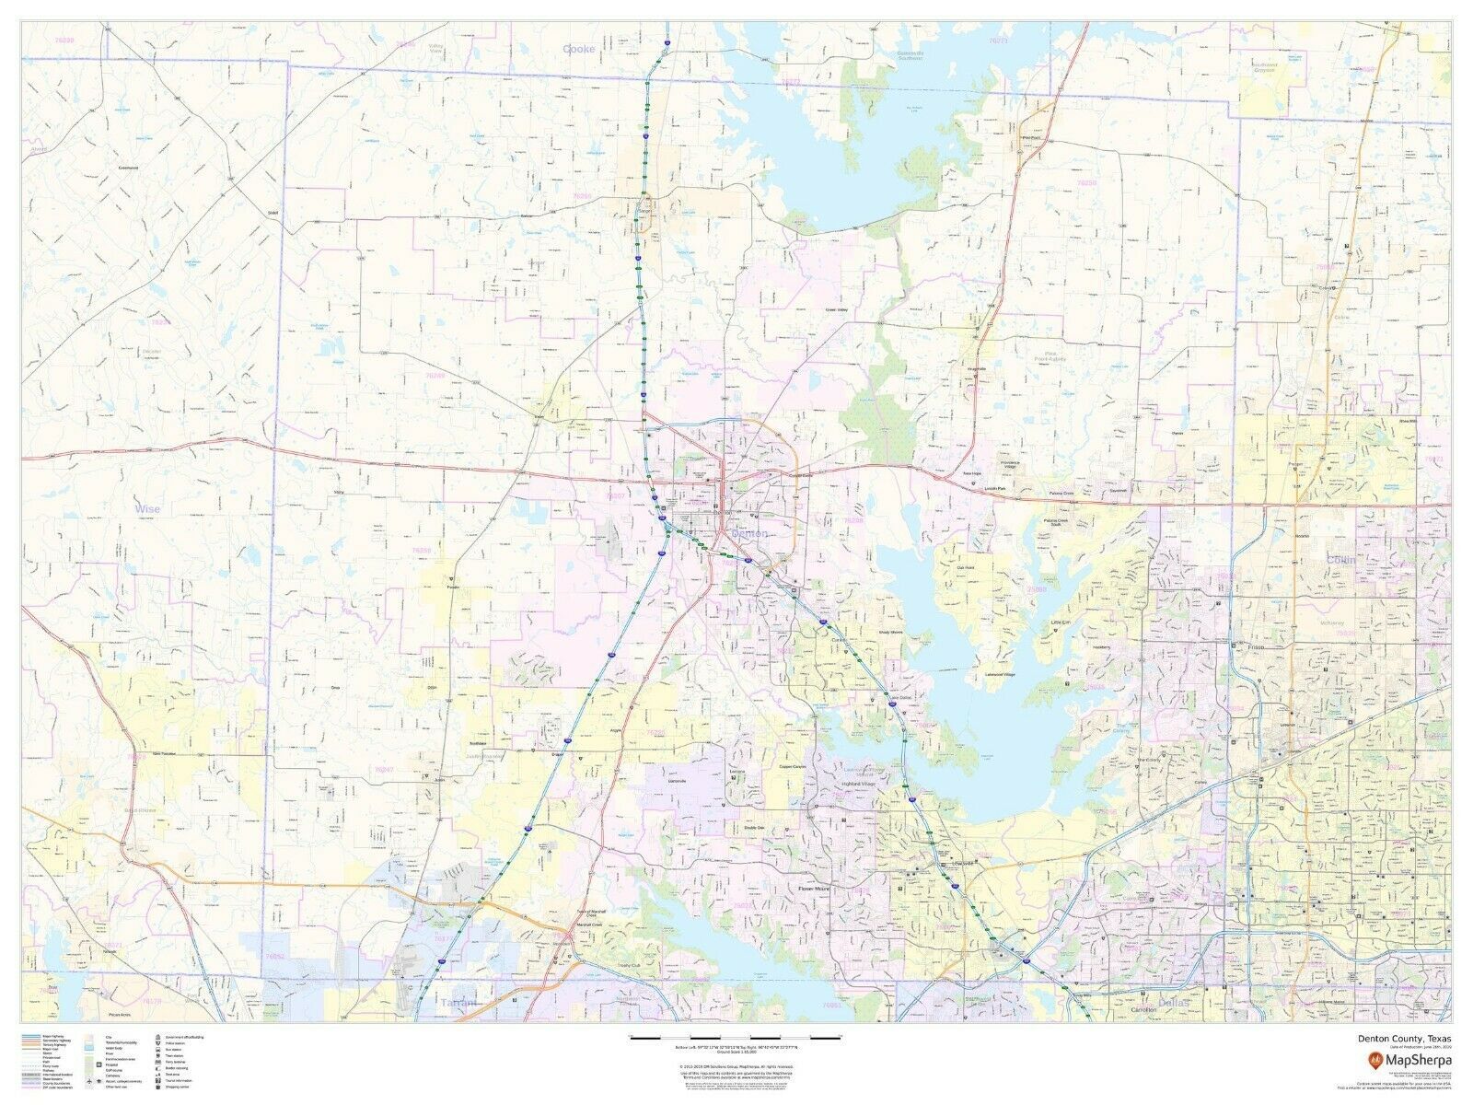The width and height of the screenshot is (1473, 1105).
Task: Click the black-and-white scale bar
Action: click(736, 1038)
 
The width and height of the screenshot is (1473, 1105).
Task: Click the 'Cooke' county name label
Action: click(579, 48)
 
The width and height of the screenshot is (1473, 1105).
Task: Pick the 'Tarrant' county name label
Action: click(458, 1002)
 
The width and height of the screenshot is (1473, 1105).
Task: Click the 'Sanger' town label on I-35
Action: click(643, 211)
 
